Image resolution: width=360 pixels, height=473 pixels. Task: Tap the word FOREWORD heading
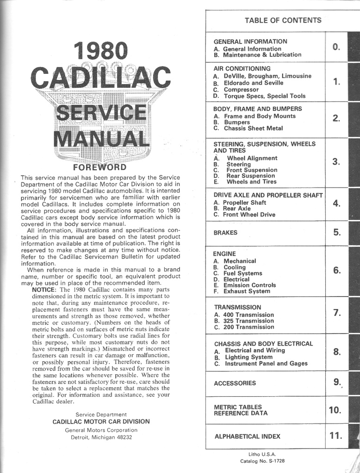click(100, 167)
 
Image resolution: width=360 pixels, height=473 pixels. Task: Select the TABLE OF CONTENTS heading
click(283, 20)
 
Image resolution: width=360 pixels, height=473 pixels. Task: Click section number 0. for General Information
click(336, 47)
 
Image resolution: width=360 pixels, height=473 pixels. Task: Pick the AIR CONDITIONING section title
click(242, 68)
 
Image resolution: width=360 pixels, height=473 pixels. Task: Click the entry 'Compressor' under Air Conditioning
click(241, 90)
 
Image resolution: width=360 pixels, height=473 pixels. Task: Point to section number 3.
click(336, 162)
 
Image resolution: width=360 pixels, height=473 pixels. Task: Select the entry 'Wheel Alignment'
click(252, 158)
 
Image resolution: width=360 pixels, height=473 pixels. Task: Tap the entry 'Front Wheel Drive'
click(249, 214)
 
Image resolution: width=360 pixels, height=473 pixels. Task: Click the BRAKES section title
click(225, 233)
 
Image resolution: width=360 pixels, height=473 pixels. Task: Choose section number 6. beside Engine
click(337, 270)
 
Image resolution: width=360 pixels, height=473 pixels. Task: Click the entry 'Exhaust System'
click(247, 291)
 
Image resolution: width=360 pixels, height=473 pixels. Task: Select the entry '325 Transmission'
click(248, 321)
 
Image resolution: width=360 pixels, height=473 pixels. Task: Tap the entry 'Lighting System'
click(248, 357)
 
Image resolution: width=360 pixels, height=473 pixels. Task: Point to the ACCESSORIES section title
click(235, 383)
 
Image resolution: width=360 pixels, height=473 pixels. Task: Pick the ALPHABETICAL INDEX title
click(247, 436)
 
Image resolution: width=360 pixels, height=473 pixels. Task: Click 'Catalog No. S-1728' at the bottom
click(262, 461)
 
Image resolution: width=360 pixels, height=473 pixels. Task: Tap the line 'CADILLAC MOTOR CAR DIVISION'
click(101, 422)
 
